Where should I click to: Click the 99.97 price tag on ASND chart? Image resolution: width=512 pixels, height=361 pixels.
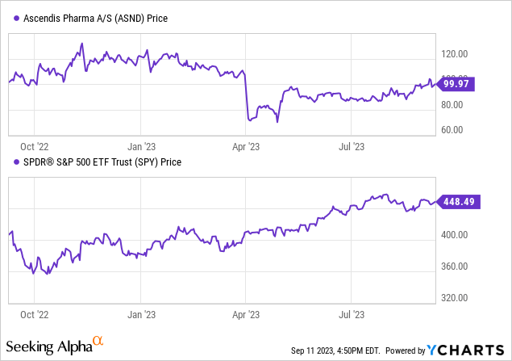coord(456,84)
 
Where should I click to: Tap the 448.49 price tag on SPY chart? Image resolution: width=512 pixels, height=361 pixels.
coord(458,201)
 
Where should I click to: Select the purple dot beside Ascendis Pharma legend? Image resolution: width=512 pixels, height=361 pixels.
coord(16,19)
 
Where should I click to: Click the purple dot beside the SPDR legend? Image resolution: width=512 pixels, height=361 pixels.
coord(16,162)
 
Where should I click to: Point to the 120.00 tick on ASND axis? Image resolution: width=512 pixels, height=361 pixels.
coord(454,54)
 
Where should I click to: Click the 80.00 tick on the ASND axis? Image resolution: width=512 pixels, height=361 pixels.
coord(452,105)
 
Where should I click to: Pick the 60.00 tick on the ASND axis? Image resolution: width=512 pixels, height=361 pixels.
coord(452,130)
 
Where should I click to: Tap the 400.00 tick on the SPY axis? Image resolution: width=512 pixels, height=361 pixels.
coord(454,235)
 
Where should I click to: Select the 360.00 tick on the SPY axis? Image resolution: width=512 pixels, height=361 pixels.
coord(454,267)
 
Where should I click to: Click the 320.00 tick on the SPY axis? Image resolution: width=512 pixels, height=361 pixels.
coord(454,298)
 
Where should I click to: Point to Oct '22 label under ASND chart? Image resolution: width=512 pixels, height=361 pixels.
coord(35,147)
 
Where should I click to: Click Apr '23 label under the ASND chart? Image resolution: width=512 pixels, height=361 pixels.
coord(246,147)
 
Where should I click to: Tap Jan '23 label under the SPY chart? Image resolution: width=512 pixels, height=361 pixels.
coord(141,315)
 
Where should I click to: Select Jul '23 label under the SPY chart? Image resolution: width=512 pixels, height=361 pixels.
coord(352,315)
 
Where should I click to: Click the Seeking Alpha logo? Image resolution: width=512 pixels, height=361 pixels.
coord(55,346)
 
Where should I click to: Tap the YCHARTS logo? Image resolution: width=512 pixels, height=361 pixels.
coord(465,351)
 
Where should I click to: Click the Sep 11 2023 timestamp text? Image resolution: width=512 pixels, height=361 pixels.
coord(335,351)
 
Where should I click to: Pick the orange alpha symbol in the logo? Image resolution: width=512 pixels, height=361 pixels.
coord(98,341)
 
